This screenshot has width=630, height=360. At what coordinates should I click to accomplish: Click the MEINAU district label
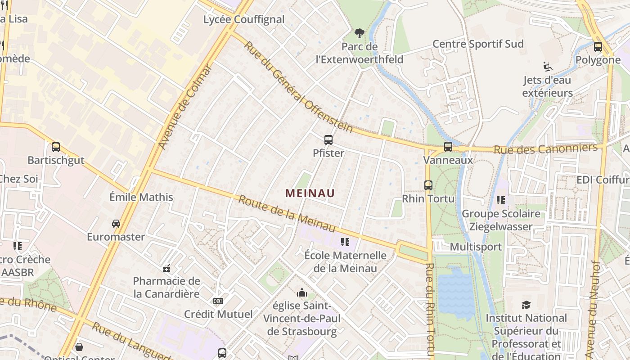click(310, 193)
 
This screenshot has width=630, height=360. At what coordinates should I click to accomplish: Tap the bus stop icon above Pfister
click(328, 140)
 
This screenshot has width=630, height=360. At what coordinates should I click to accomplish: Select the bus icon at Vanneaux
click(448, 146)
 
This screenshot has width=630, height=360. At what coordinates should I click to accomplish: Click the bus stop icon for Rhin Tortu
click(428, 185)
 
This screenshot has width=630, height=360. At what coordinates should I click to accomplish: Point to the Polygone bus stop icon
click(598, 46)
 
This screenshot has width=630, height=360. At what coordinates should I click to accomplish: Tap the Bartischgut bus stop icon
click(56, 147)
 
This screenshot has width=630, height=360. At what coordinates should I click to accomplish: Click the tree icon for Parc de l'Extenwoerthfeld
click(359, 33)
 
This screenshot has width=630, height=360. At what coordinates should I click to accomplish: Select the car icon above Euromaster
click(116, 223)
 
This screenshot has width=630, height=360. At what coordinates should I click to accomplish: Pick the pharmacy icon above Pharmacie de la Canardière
click(166, 268)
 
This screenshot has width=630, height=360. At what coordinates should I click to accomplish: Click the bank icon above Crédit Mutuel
click(218, 301)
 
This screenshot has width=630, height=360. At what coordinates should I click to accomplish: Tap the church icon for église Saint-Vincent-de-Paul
click(301, 293)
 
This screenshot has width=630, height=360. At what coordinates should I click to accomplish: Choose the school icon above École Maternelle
click(345, 242)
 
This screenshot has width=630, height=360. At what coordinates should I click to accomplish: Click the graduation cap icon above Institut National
click(526, 305)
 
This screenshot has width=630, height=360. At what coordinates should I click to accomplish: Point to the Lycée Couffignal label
click(244, 19)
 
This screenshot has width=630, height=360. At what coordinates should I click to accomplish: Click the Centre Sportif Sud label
click(478, 44)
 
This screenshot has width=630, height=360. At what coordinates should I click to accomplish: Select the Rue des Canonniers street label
click(545, 148)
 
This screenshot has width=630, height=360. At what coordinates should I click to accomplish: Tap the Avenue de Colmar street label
click(185, 107)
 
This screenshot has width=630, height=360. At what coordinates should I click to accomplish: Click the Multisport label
click(476, 247)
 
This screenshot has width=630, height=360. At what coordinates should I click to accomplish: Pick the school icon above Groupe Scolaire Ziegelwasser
click(500, 200)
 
